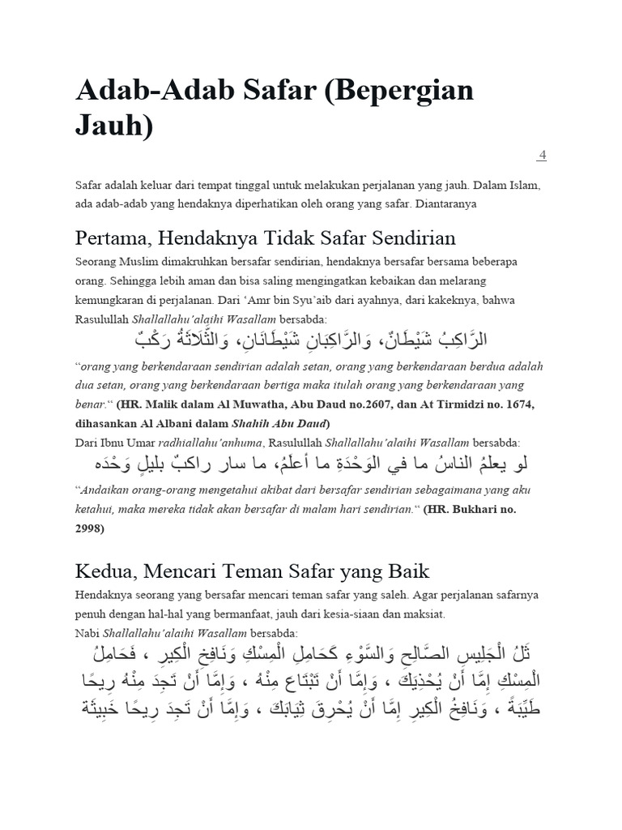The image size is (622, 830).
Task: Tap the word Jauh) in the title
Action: [x=114, y=127]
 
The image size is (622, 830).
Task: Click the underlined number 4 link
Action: [x=542, y=155]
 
